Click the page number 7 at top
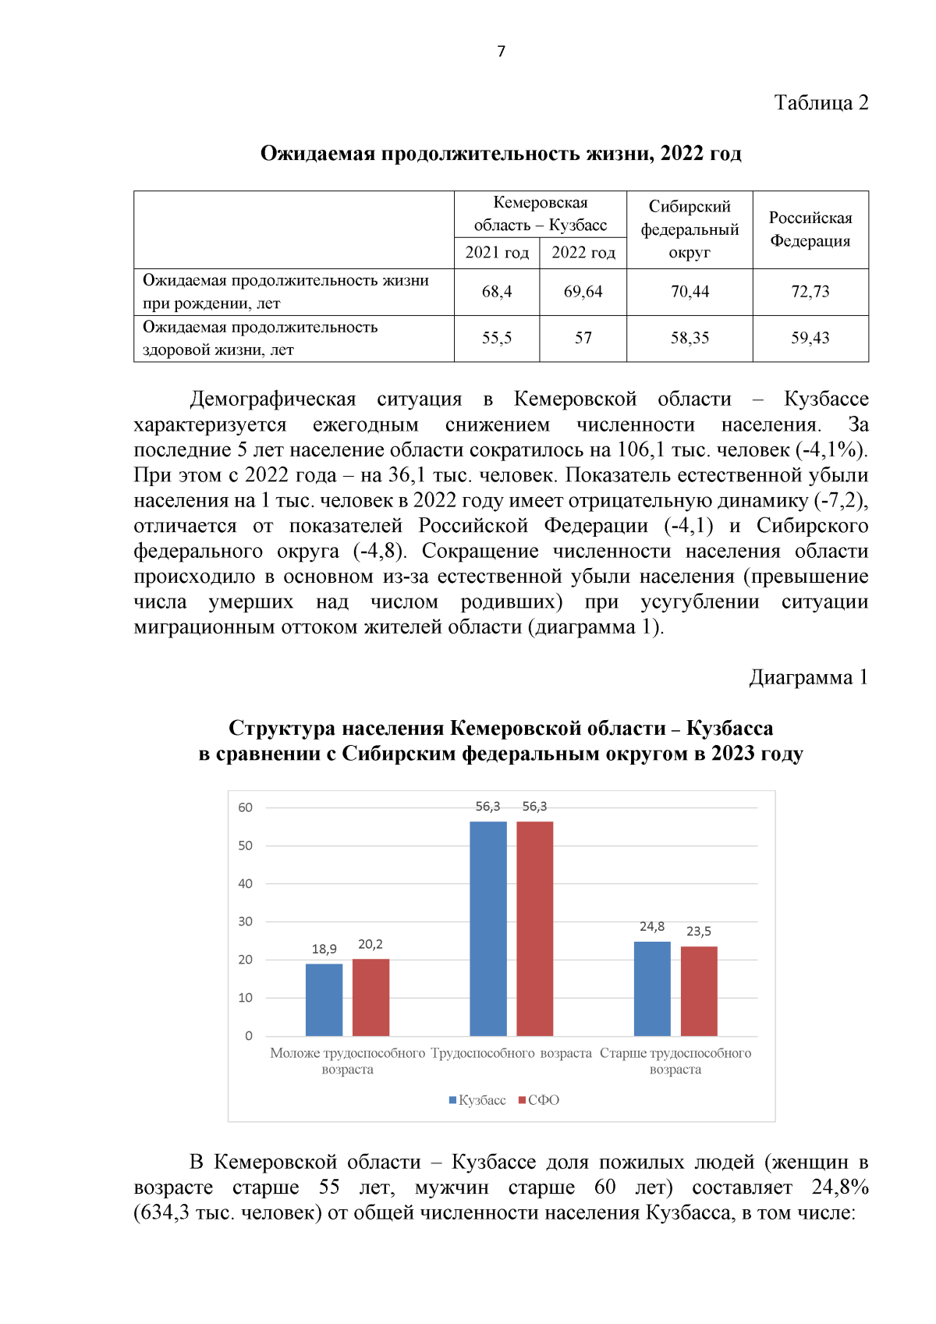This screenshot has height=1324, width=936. (501, 51)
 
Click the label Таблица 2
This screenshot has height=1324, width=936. (821, 103)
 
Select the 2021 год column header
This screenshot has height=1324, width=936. (497, 253)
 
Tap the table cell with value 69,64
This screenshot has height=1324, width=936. (583, 292)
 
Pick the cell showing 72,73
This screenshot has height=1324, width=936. (810, 292)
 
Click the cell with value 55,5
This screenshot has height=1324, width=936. (497, 338)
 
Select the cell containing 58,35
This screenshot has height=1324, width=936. (690, 338)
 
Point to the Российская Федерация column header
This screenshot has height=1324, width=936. (810, 229)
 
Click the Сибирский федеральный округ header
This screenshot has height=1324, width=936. (690, 229)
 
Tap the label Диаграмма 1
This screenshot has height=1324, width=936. (808, 677)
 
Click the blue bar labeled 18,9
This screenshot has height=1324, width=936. (324, 1000)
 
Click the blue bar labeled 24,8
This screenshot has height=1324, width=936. (652, 989)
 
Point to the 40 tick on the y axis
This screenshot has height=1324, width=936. (246, 883)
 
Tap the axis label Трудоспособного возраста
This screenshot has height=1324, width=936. (511, 1053)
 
